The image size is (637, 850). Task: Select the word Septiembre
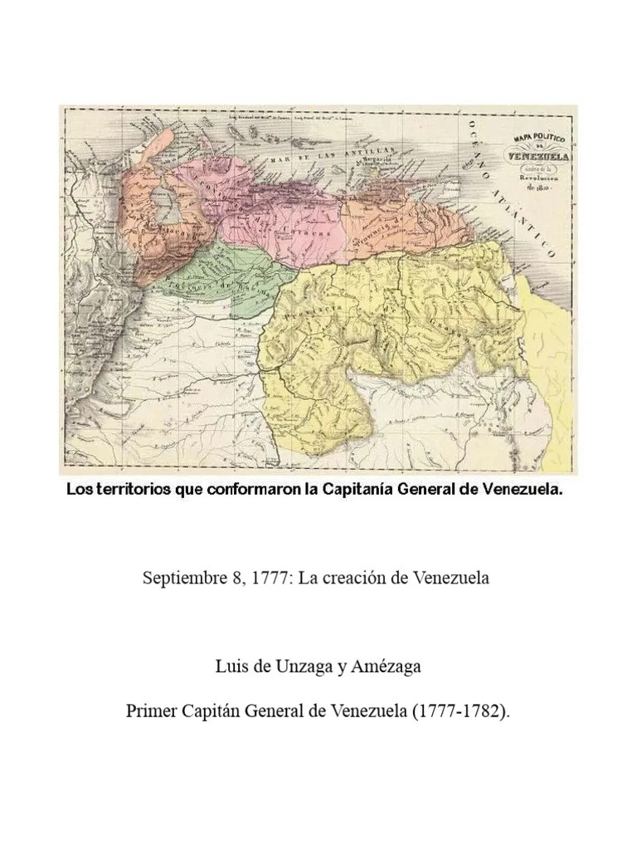[182, 577]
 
